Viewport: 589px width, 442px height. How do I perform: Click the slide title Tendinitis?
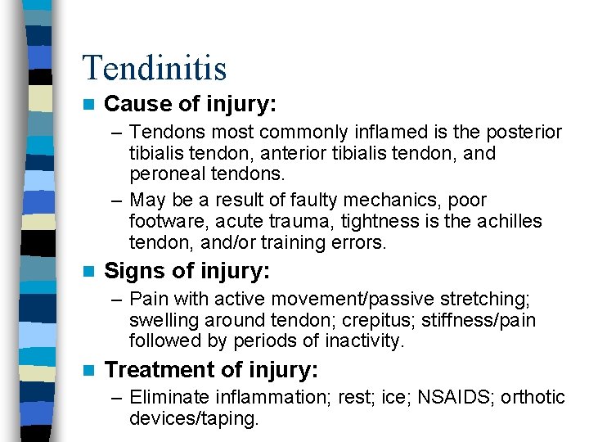coord(155,68)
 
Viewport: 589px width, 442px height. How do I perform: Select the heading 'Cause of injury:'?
coord(191,105)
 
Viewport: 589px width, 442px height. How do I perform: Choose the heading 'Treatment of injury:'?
coord(211,370)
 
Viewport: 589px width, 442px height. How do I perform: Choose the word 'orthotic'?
coord(533,398)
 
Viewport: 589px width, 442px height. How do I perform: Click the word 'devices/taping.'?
coord(194,419)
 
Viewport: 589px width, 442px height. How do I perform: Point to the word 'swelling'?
coord(160,319)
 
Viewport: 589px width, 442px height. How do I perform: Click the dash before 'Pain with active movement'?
coord(119,298)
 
